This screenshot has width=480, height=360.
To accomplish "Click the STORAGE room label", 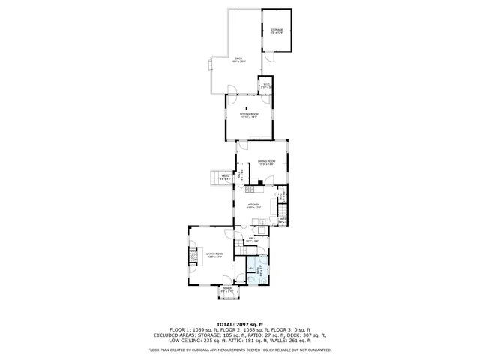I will tap(277, 31).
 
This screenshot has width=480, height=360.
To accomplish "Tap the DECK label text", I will tap(238, 60).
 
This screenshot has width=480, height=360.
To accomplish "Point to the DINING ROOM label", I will tap(267, 163).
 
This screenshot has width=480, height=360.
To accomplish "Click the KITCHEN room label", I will tap(253, 204).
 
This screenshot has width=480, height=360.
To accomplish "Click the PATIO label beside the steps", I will tap(225, 178).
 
